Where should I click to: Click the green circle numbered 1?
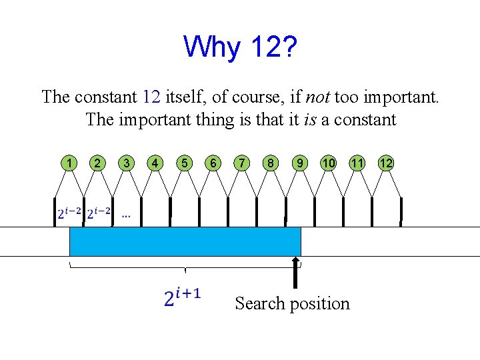[69, 163]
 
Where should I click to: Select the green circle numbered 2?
[97, 163]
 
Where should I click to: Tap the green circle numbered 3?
[126, 163]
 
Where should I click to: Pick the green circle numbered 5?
[183, 163]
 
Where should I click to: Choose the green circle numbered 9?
[301, 163]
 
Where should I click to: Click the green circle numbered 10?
[329, 163]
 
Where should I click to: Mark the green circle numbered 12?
[386, 163]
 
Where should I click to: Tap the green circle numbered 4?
[155, 163]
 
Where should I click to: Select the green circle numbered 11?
[357, 163]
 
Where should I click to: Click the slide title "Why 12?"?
[240, 46]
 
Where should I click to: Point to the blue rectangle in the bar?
[185, 241]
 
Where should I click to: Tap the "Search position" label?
[292, 303]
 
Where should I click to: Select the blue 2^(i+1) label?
[182, 297]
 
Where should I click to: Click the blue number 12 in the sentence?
[151, 97]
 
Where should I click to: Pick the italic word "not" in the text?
[317, 97]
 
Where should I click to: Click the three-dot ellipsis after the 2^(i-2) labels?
[125, 215]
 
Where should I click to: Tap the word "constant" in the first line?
[106, 97]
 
